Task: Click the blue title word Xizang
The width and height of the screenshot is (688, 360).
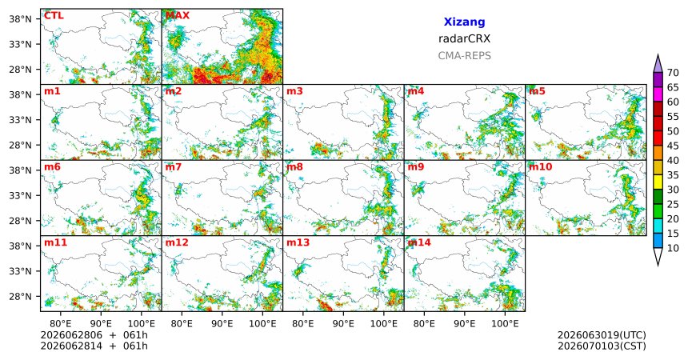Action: click(464, 22)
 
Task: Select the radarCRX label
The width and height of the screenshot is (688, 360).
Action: click(464, 38)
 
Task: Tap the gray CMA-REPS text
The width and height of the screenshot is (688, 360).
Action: click(464, 56)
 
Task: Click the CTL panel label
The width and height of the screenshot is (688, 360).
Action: click(54, 15)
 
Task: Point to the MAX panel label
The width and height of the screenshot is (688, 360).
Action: click(178, 15)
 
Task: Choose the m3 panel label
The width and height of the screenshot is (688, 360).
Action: click(295, 91)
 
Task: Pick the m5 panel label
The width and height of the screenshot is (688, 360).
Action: click(537, 91)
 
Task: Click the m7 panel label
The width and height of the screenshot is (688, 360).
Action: click(174, 167)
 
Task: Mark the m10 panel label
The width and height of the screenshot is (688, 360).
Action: click(541, 167)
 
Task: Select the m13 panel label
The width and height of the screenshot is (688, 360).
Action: click(298, 242)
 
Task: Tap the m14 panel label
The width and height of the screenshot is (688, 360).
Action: click(419, 242)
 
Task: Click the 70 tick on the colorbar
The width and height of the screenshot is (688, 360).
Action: click(673, 73)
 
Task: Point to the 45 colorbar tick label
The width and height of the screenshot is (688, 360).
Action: click(673, 146)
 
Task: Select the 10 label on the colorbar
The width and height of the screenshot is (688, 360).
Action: click(673, 248)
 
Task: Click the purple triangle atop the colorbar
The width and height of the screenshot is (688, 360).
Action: click(658, 64)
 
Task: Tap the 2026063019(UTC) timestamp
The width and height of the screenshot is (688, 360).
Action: click(602, 335)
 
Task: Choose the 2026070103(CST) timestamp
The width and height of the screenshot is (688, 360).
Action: click(602, 346)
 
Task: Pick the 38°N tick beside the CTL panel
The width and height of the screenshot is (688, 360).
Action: click(20, 19)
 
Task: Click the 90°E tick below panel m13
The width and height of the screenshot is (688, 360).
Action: click(343, 324)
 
